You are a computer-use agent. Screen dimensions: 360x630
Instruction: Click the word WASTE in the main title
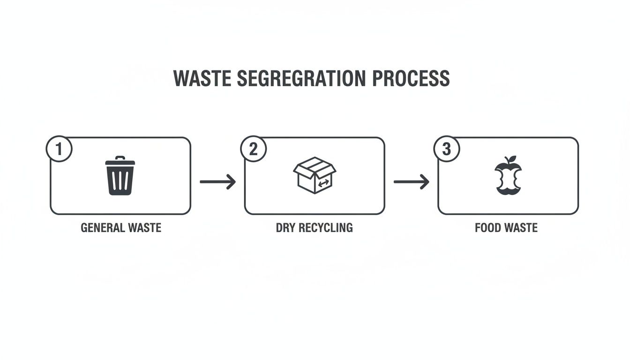tap(202, 79)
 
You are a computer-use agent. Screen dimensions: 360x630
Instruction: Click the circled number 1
tap(59, 150)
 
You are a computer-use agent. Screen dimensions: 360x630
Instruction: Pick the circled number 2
tap(253, 150)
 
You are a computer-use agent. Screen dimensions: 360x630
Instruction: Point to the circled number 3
tap(446, 150)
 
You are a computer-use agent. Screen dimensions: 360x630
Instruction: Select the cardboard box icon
tap(315, 175)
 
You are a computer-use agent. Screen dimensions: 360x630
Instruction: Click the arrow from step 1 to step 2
tap(217, 181)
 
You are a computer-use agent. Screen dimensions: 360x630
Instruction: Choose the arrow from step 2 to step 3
tap(411, 181)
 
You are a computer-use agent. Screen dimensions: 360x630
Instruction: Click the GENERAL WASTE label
tap(121, 228)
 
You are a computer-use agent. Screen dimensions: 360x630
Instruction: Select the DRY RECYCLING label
tap(314, 228)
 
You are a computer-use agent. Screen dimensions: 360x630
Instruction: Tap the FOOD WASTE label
tap(506, 228)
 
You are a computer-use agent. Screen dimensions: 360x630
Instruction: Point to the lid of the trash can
tap(120, 161)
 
